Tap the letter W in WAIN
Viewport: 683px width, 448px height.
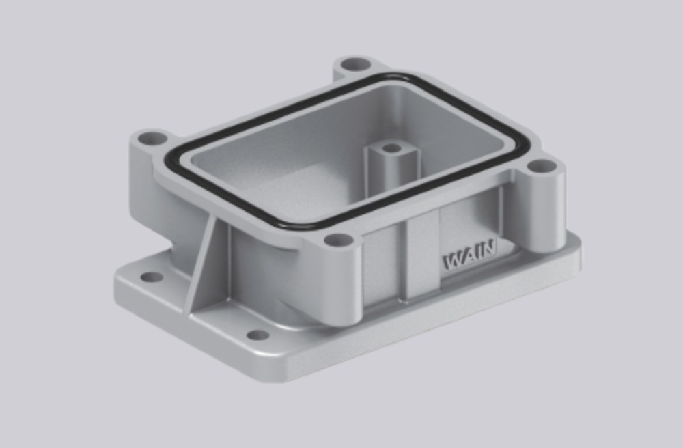click(x=454, y=262)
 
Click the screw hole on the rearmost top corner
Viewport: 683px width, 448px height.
click(x=355, y=66)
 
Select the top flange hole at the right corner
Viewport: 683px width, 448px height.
click(x=542, y=166)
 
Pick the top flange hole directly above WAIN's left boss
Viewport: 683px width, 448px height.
click(x=337, y=240)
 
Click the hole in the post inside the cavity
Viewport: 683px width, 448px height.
click(x=391, y=148)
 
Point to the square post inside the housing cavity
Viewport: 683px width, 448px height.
click(x=390, y=167)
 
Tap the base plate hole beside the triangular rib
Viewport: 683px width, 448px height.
click(x=151, y=277)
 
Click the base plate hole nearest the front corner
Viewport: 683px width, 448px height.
click(x=257, y=335)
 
